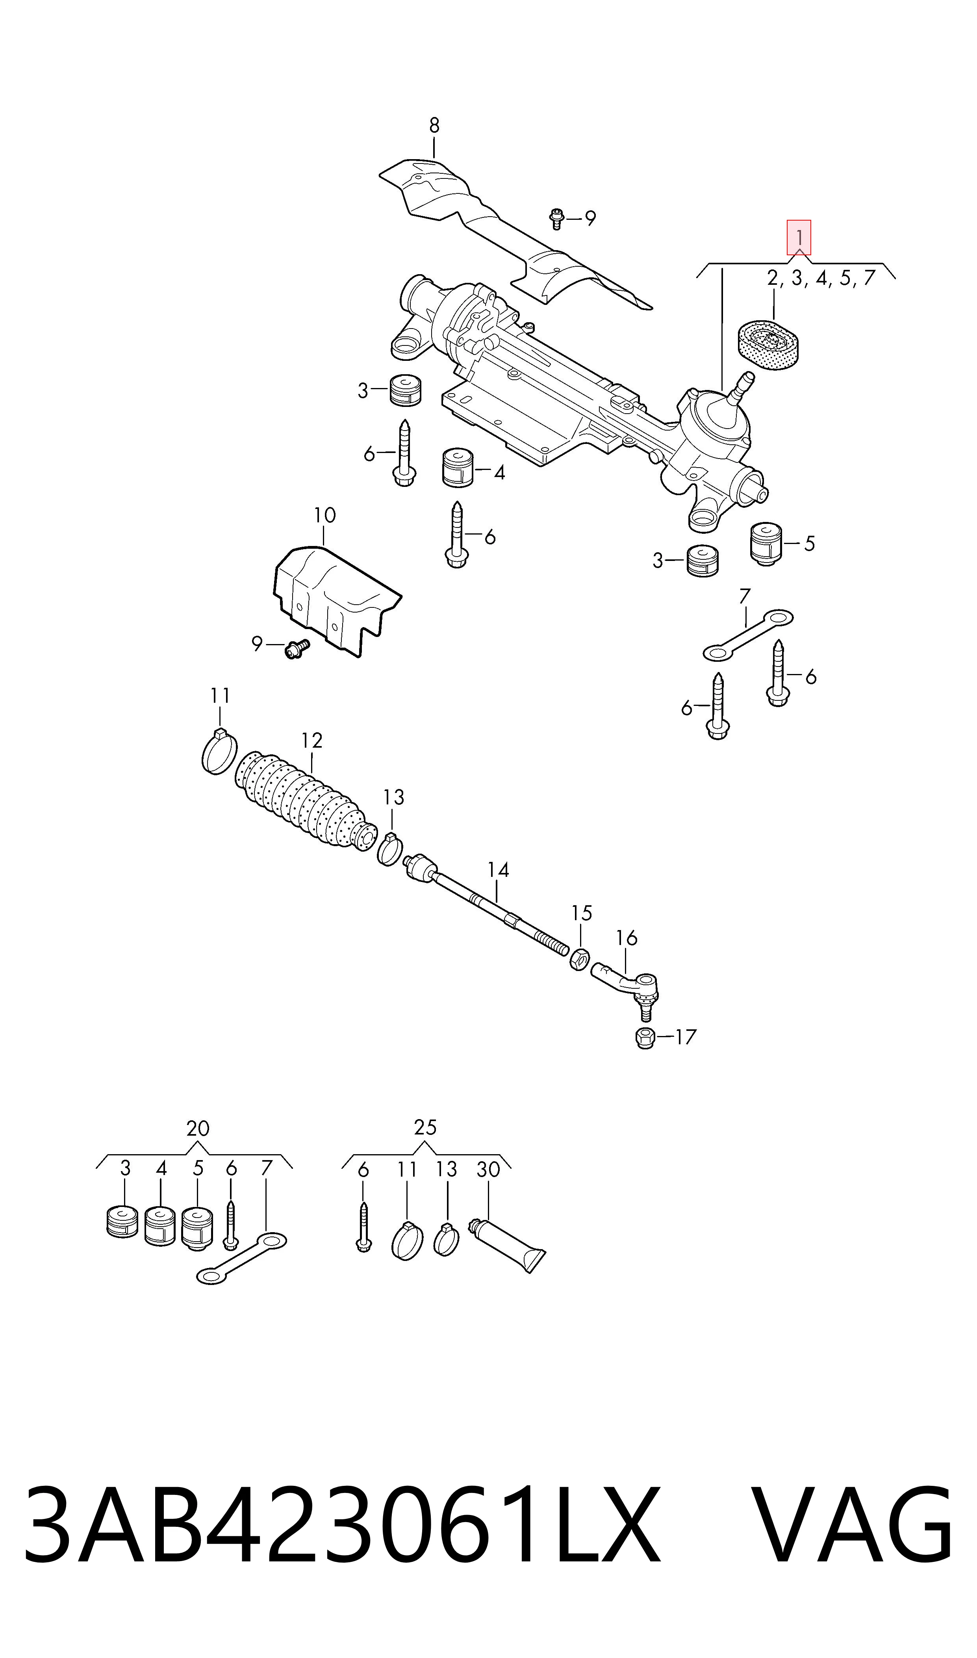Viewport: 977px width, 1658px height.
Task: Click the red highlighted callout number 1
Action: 799,237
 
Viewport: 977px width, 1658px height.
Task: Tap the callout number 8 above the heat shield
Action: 434,125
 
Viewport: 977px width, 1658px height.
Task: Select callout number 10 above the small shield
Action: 324,515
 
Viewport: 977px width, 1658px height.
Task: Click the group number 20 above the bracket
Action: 198,1129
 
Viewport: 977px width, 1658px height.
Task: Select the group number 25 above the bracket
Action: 425,1127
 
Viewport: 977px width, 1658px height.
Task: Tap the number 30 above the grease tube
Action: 488,1170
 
